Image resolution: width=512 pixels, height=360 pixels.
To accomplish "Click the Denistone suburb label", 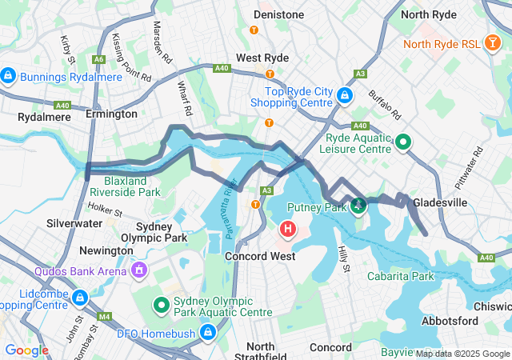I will point(278,14).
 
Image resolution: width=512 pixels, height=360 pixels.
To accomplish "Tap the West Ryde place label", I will point(262,58).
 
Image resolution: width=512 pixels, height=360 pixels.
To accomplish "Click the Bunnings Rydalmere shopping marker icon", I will point(8,76).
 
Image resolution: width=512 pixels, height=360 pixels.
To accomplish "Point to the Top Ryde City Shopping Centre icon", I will point(345,96).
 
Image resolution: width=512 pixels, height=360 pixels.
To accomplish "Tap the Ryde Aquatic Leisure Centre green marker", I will point(403,143).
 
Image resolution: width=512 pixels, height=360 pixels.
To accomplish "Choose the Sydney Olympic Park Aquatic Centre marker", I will point(161,305).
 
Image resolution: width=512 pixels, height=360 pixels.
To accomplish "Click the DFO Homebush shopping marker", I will point(208,331).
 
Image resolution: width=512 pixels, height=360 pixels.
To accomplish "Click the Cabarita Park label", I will point(400,276).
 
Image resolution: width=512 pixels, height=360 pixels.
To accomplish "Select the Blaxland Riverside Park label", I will point(123,186).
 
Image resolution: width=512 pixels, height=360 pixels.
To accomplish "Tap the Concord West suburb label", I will point(260,256).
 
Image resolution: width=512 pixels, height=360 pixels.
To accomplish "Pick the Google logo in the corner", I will point(26,350).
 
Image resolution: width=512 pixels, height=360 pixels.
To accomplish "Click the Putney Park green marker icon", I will point(358,206).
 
